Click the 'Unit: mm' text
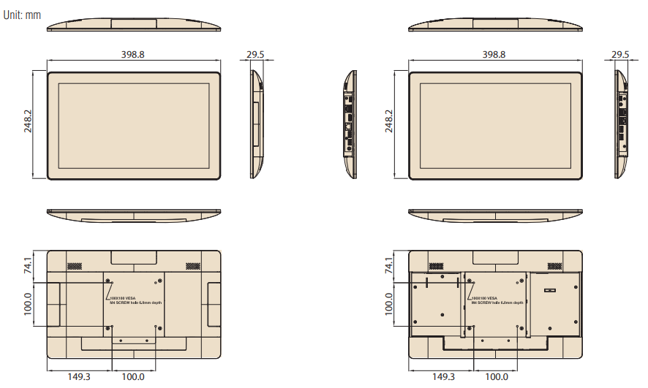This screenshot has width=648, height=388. click(23, 14)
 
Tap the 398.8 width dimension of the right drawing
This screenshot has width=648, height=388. click(494, 55)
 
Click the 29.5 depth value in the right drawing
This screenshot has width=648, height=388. click(620, 55)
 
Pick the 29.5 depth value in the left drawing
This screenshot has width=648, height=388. click(256, 55)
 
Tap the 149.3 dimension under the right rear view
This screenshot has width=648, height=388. click(443, 376)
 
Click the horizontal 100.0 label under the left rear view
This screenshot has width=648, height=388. click(133, 376)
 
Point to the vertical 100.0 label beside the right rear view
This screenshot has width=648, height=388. click(388, 303)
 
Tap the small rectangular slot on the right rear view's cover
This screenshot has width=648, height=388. click(550, 290)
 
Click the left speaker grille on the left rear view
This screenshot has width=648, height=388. click(75, 265)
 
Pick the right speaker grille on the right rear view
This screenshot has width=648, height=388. click(555, 265)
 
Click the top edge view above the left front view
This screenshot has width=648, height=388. click(133, 23)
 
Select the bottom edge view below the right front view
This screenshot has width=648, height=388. click(495, 216)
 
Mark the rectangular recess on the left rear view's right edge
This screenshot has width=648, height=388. click(213, 303)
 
